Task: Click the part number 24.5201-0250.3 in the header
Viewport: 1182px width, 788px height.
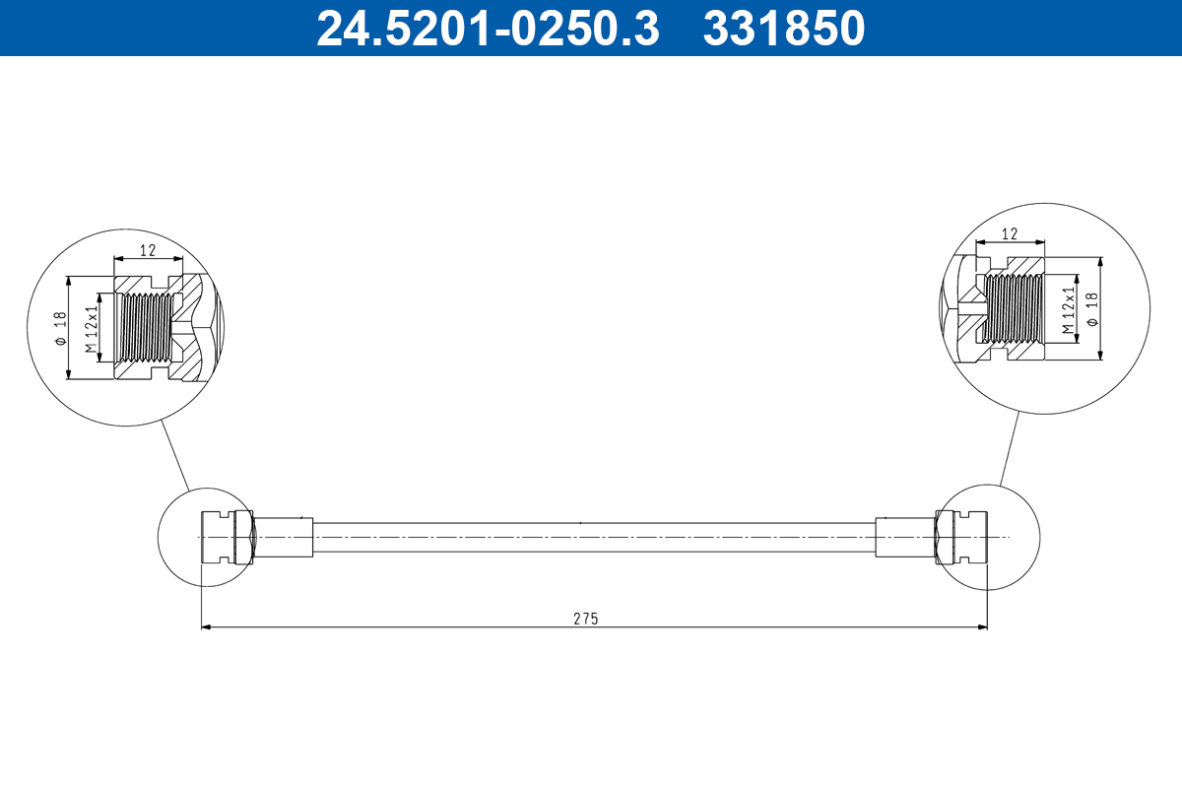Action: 487,29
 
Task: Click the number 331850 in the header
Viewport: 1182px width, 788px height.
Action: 783,29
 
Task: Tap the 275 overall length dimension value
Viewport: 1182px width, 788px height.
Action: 586,619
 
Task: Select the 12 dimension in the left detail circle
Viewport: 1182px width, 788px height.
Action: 148,250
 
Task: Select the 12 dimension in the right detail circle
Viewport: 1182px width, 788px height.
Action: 1009,234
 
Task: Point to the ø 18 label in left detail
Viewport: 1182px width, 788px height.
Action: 60,327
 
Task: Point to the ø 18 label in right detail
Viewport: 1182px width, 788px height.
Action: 1090,308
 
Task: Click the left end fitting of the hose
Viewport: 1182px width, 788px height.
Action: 225,537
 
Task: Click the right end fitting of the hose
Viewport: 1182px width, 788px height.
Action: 960,537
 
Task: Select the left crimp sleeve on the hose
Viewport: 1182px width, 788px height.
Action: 285,537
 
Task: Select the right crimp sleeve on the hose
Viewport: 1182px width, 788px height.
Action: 903,537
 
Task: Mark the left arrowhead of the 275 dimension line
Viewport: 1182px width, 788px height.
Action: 206,626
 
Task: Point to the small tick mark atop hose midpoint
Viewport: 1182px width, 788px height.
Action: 581,522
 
